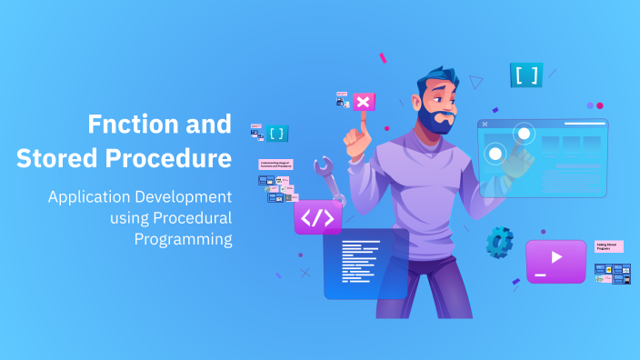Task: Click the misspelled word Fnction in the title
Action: click(128, 124)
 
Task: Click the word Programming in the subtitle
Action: click(183, 239)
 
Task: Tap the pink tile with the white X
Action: click(364, 102)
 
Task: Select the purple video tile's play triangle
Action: click(556, 257)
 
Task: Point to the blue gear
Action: click(499, 241)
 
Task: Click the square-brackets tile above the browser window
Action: click(525, 75)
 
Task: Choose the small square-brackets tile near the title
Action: click(276, 133)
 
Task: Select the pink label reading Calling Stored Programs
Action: click(608, 246)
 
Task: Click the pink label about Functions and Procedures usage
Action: click(275, 165)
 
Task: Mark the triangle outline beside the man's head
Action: click(476, 82)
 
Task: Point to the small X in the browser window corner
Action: click(485, 124)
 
